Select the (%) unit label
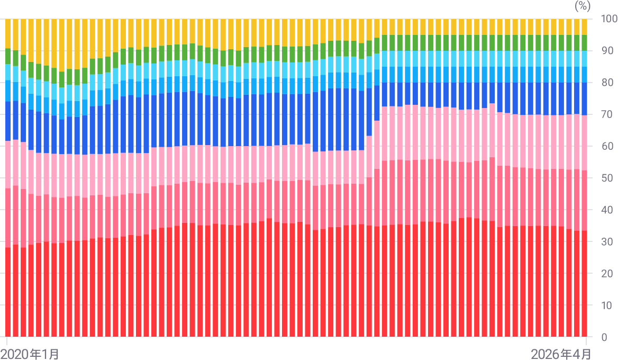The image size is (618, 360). (x=582, y=6)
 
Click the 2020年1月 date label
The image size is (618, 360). (x=30, y=353)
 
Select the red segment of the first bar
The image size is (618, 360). (x=8, y=291)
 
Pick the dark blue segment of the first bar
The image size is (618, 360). (x=8, y=122)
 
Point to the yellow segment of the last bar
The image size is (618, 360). (x=584, y=27)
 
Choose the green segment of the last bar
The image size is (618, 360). (x=584, y=43)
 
